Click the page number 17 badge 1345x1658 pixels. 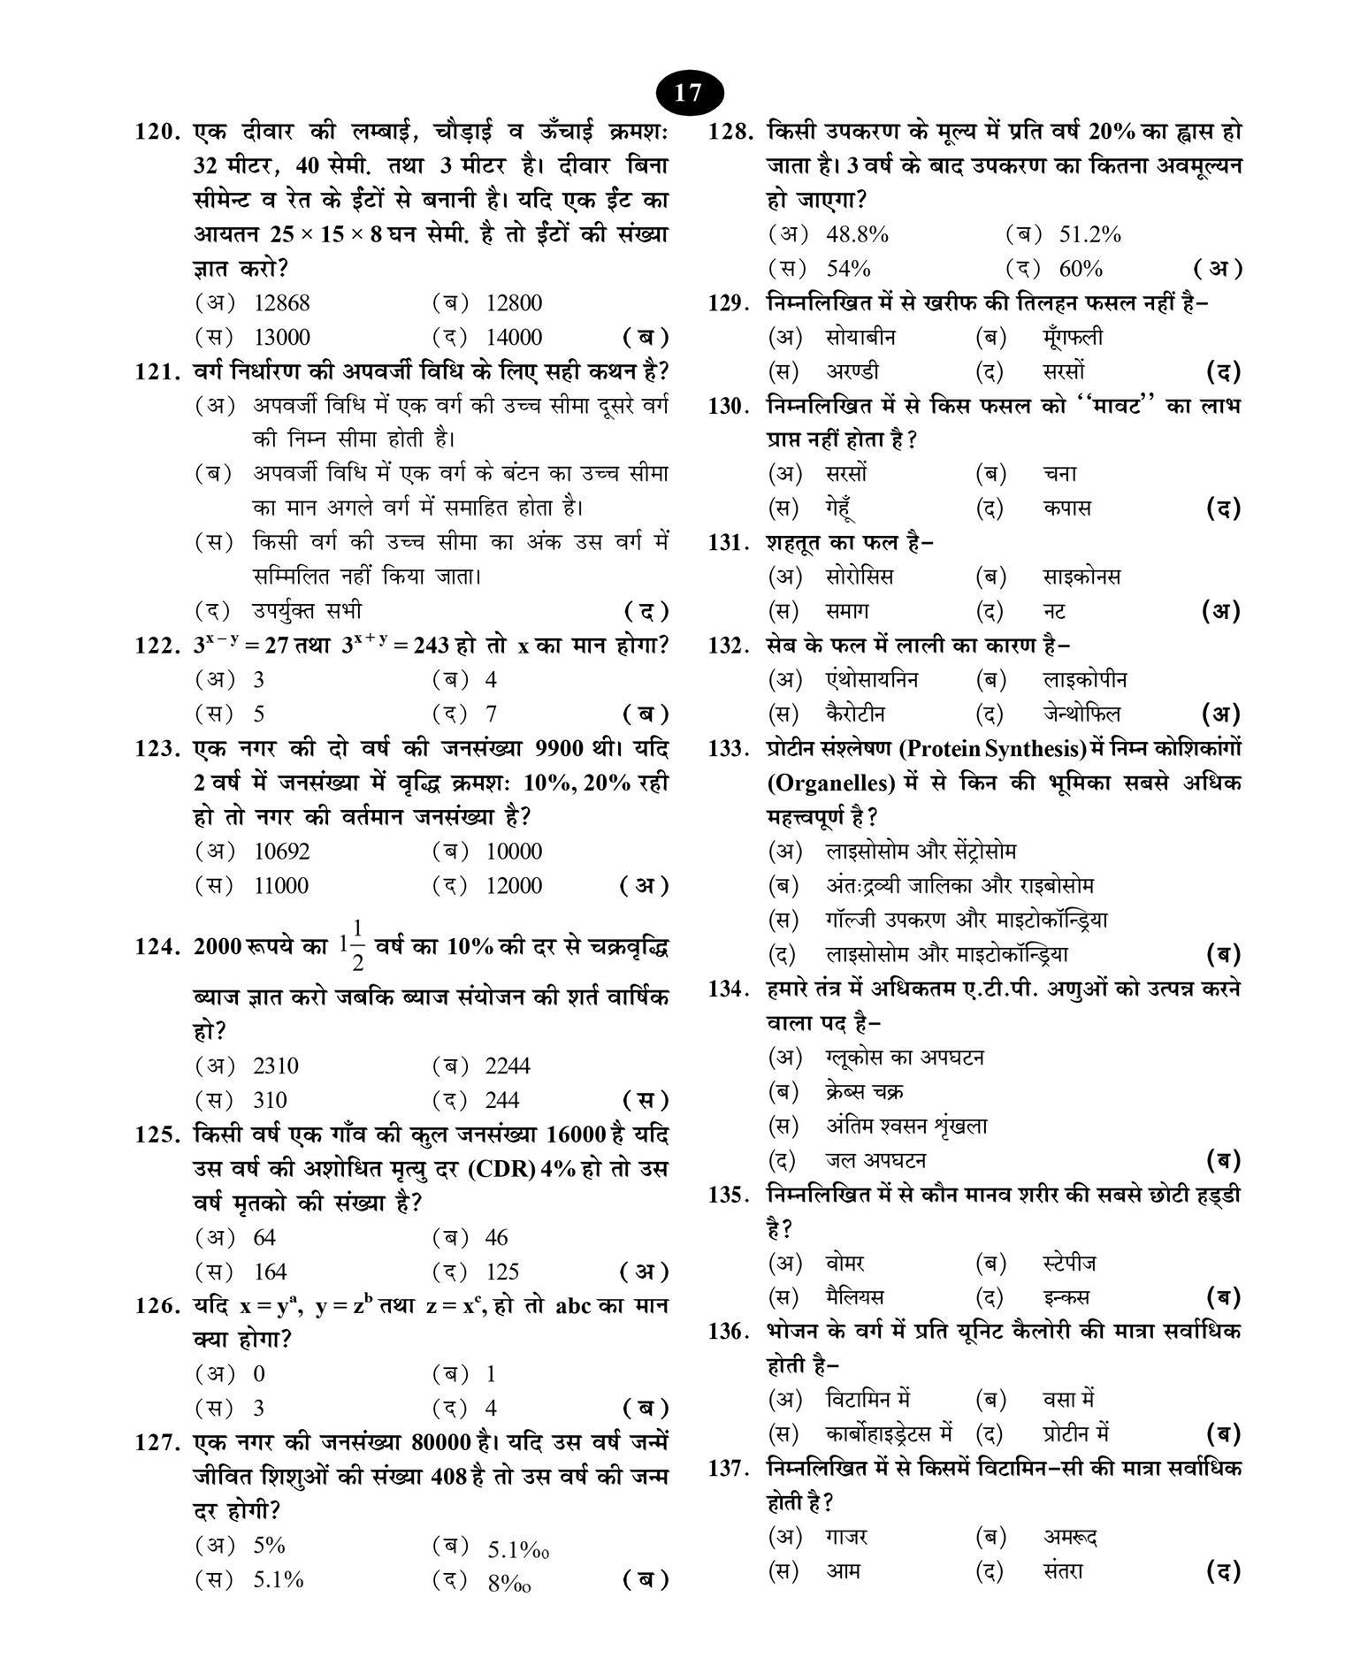pos(689,93)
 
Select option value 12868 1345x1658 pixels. pos(281,303)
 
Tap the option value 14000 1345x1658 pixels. pos(514,338)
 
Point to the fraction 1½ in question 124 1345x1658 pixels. pos(352,946)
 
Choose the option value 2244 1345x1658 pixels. pos(508,1066)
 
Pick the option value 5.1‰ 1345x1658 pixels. pos(518,1550)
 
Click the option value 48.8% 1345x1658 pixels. pos(857,235)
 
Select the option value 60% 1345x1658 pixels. pos(1081,269)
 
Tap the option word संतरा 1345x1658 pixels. pos(1063,1572)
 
